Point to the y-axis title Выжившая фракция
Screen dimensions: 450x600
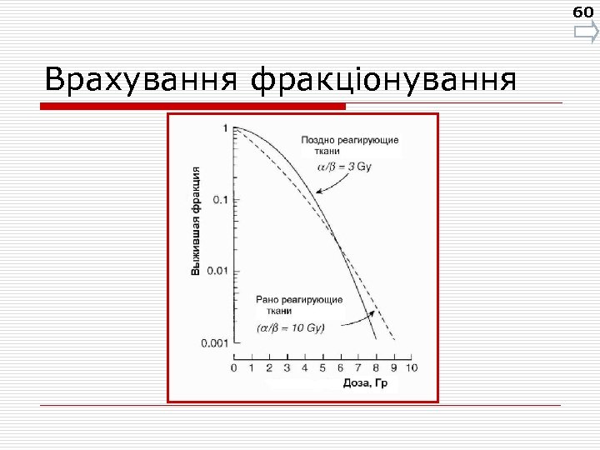click(196, 220)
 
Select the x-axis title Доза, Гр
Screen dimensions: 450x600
click(367, 383)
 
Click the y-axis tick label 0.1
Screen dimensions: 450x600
click(219, 199)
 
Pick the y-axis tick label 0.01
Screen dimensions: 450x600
click(217, 271)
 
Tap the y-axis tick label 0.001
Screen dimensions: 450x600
click(214, 342)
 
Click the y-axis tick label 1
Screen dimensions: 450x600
click(225, 127)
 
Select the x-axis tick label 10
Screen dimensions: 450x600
click(411, 367)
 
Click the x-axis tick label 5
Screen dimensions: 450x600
click(322, 367)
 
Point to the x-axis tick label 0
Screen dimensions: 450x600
click(233, 367)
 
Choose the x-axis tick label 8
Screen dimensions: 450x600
click(375, 367)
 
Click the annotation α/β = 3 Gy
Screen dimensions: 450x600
click(344, 167)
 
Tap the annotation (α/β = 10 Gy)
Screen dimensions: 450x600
click(290, 327)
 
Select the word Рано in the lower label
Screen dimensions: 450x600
click(269, 299)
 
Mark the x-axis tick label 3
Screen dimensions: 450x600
click(287, 367)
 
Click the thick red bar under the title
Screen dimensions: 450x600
click(192, 106)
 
